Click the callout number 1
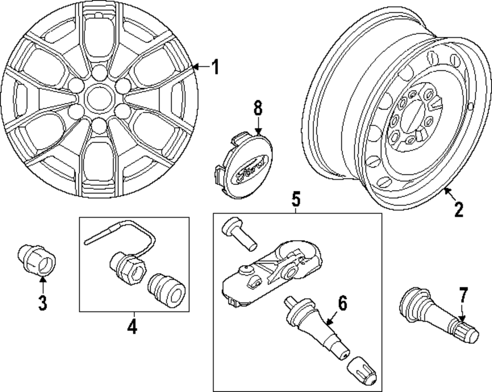(x=214, y=67)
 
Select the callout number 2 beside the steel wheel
(x=458, y=210)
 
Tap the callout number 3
(x=43, y=302)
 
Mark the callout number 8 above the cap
(x=258, y=108)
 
